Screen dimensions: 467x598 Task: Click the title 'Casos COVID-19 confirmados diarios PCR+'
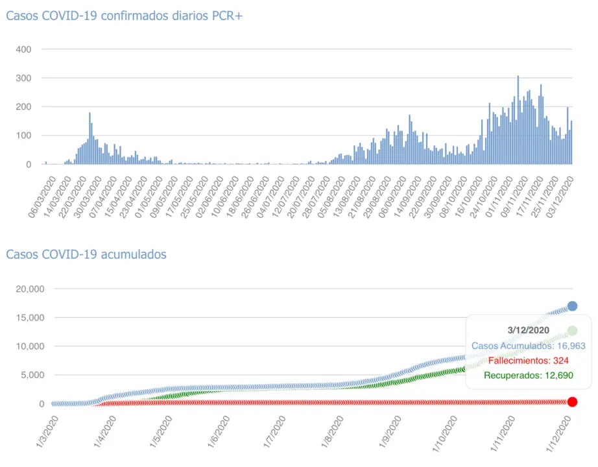click(x=124, y=16)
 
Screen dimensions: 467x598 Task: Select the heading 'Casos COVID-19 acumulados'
click(x=86, y=254)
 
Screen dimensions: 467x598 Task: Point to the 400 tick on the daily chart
click(x=32, y=49)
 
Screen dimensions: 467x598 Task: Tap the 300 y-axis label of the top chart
click(x=32, y=78)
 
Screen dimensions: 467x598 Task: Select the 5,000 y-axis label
click(x=30, y=375)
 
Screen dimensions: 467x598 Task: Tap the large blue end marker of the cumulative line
click(x=572, y=306)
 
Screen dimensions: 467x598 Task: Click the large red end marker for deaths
click(x=572, y=402)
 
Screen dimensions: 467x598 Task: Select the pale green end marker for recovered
click(x=572, y=331)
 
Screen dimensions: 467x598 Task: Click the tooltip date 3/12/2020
click(x=528, y=330)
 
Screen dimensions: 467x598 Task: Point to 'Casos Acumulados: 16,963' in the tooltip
click(x=528, y=346)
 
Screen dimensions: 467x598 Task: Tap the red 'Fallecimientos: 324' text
click(x=528, y=361)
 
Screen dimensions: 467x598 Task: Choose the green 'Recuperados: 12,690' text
click(x=528, y=376)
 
